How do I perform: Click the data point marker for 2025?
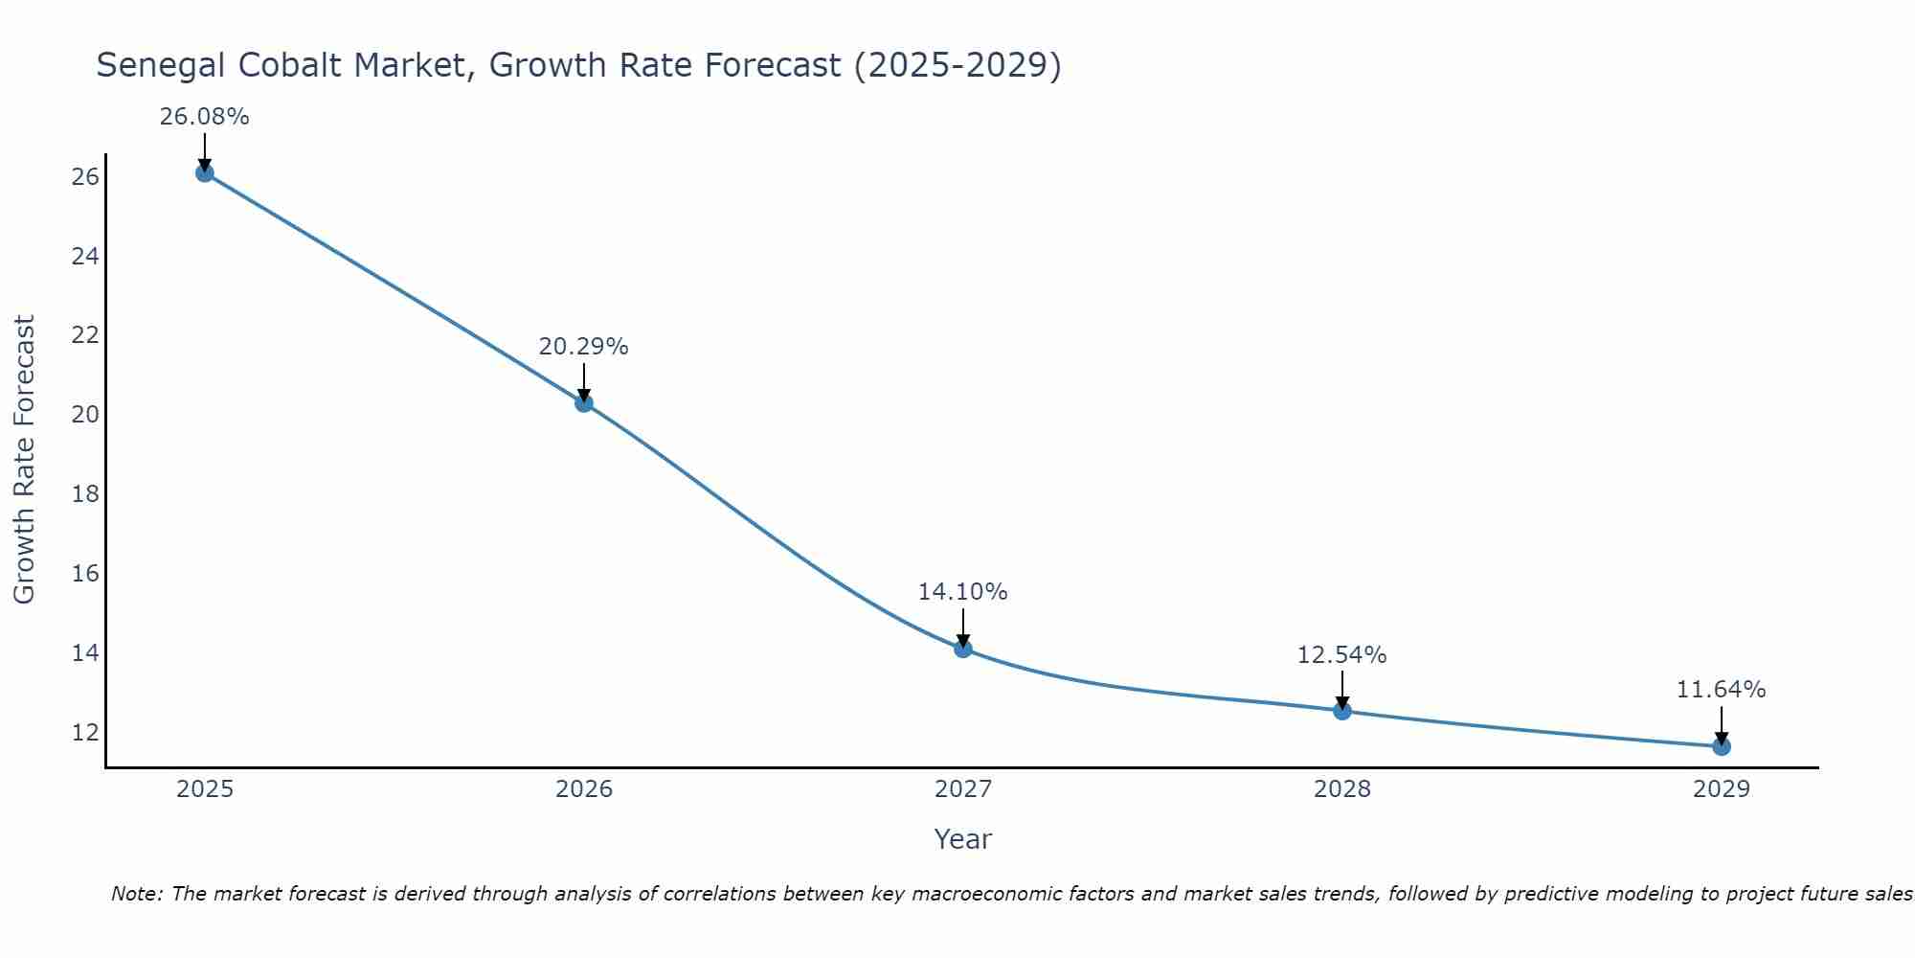pyautogui.click(x=204, y=173)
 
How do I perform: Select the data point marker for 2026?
pyautogui.click(x=583, y=403)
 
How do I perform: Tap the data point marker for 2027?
pyautogui.click(x=962, y=649)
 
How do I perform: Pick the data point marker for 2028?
pyautogui.click(x=1341, y=711)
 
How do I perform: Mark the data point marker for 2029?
pyautogui.click(x=1721, y=746)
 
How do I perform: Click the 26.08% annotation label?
pyautogui.click(x=204, y=117)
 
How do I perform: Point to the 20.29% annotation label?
pyautogui.click(x=583, y=347)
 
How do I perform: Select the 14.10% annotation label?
pyautogui.click(x=962, y=592)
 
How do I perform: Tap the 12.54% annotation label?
pyautogui.click(x=1341, y=655)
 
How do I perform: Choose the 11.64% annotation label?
pyautogui.click(x=1721, y=690)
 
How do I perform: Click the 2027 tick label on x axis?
pyautogui.click(x=962, y=789)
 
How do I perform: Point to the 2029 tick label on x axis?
pyautogui.click(x=1721, y=789)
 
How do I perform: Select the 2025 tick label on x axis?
pyautogui.click(x=205, y=789)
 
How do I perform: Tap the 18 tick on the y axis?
pyautogui.click(x=85, y=494)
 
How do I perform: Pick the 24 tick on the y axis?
pyautogui.click(x=85, y=257)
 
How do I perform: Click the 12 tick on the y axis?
pyautogui.click(x=85, y=733)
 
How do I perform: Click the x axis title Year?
pyautogui.click(x=962, y=839)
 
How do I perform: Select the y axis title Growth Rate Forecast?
pyautogui.click(x=24, y=459)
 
